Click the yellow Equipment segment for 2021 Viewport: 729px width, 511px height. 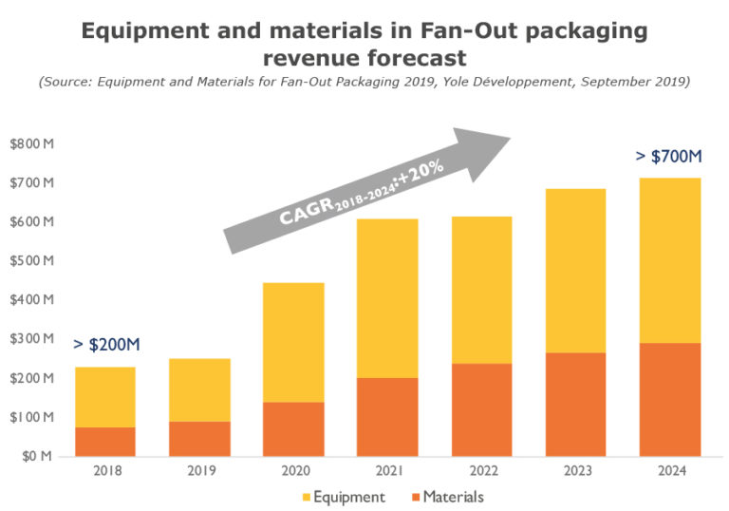coord(387,298)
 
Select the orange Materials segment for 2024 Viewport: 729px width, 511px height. coord(669,399)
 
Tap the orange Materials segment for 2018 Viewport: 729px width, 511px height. coord(105,442)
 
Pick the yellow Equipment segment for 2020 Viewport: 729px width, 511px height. coord(293,342)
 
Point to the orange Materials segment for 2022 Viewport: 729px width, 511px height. coord(481,409)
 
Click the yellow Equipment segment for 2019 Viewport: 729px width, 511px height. coord(199,389)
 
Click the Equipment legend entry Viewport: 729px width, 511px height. coord(344,497)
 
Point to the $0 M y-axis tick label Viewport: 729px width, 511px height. coord(36,457)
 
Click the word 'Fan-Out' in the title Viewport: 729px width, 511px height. coord(402,30)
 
